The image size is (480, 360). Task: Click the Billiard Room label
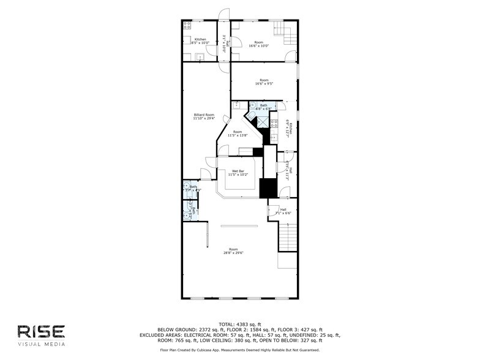point(203,116)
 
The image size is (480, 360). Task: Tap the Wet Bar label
point(238,173)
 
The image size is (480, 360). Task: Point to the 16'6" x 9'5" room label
point(264,82)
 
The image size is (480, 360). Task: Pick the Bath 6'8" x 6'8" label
point(263,107)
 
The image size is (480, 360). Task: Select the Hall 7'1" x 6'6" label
point(283,211)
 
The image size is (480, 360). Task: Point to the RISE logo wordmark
point(40,331)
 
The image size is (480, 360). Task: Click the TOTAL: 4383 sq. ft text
point(239,324)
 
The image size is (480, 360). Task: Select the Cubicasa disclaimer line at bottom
point(239,350)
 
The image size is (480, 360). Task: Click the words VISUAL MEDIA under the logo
point(40,343)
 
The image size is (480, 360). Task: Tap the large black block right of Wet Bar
point(268,188)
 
